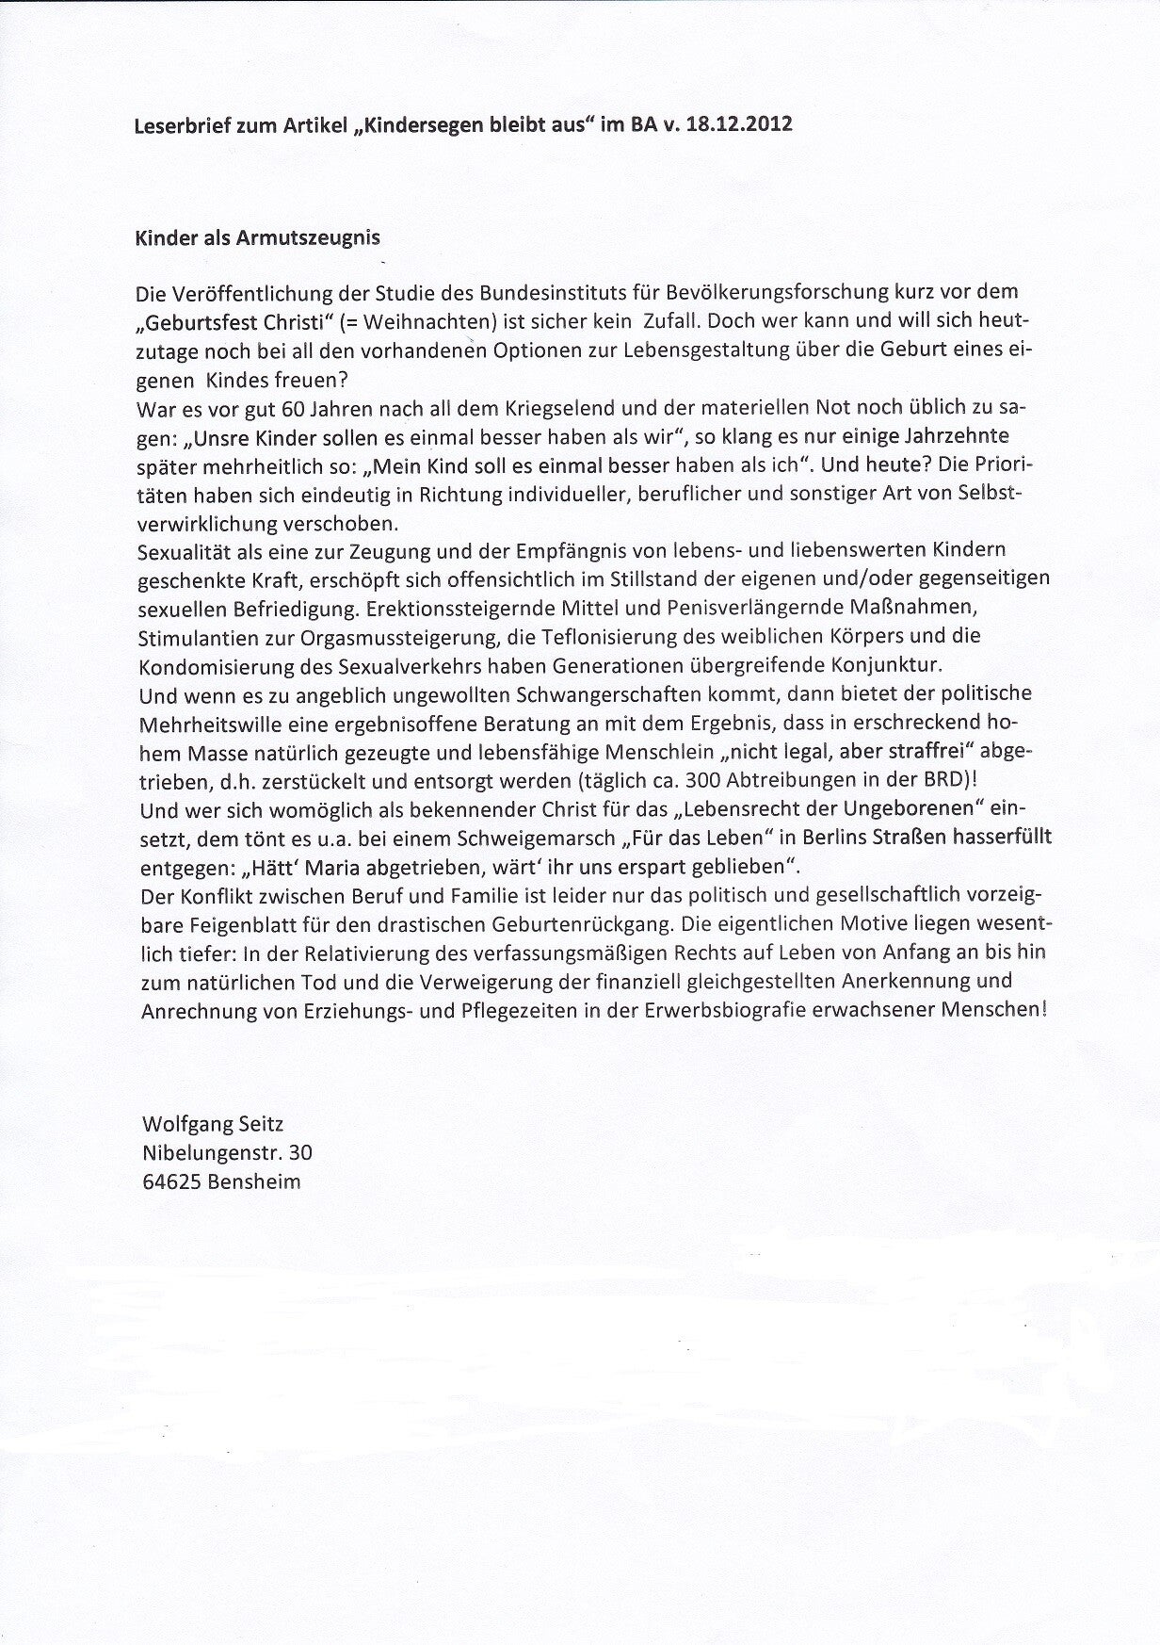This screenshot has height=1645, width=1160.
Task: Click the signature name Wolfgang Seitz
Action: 212,1124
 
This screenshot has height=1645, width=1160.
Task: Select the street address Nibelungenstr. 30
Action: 227,1152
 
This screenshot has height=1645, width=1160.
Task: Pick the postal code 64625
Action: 169,1181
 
